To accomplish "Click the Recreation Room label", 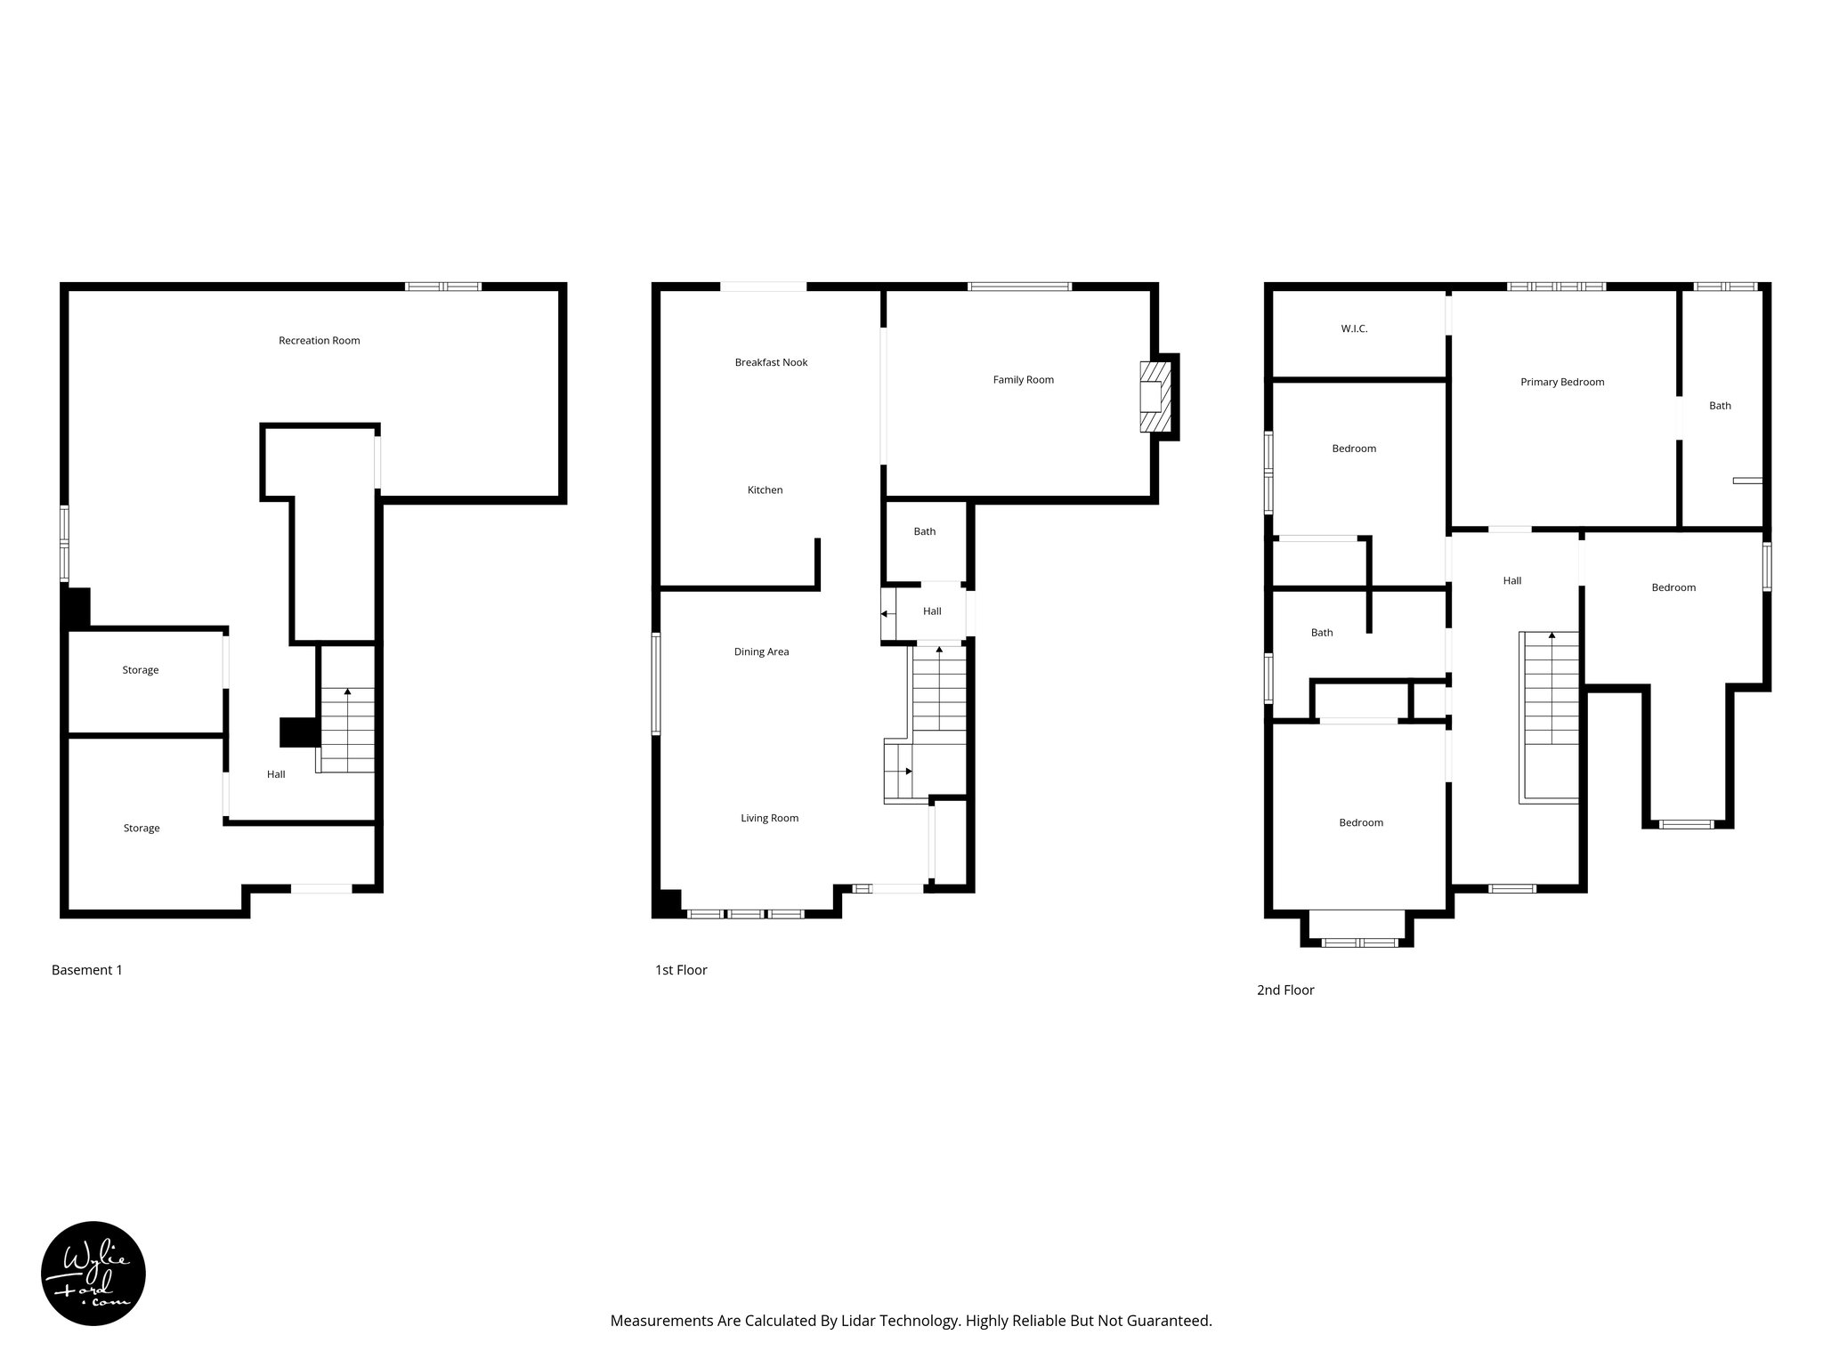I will point(319,340).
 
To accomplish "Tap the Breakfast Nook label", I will point(771,362).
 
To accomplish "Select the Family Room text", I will point(1023,380).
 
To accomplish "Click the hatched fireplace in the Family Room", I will point(1155,397).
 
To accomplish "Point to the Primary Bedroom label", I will point(1561,383).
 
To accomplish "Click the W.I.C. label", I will point(1353,329).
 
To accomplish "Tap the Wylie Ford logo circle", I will point(93,1274).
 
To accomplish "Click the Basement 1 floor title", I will point(86,970).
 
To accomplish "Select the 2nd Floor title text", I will point(1284,990).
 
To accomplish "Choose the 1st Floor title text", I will point(680,970).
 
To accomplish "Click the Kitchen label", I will point(765,490).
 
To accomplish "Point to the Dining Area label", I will point(761,652).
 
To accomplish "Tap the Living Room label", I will point(769,819).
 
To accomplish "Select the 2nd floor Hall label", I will point(1511,581).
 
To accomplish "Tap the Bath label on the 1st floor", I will point(924,532).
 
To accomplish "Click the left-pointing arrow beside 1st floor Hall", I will point(886,614).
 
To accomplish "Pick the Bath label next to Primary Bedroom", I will point(1720,406).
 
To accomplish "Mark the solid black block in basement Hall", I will point(299,732).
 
